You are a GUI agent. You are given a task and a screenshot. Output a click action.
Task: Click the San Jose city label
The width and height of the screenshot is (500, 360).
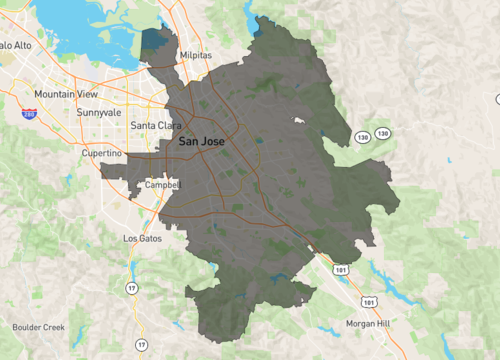pos(201,142)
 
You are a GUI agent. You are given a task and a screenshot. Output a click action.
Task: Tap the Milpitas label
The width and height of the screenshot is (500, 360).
pos(196,56)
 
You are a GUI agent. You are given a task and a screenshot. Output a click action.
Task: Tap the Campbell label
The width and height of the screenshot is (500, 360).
pos(161,185)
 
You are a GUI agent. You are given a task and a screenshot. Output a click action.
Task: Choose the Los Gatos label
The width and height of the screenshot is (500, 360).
pos(142,239)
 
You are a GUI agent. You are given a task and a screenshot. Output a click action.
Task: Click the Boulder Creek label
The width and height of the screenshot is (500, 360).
pos(39,327)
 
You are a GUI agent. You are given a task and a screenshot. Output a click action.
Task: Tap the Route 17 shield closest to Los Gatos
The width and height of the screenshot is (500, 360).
pos(130,288)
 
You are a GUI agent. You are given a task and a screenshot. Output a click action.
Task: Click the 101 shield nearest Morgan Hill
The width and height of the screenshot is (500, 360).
pos(371,300)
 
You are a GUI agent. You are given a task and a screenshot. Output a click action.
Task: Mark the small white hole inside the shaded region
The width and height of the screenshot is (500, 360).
pos(297,120)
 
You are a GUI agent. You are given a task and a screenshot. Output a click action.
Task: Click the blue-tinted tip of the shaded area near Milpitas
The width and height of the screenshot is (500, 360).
pos(154,42)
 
